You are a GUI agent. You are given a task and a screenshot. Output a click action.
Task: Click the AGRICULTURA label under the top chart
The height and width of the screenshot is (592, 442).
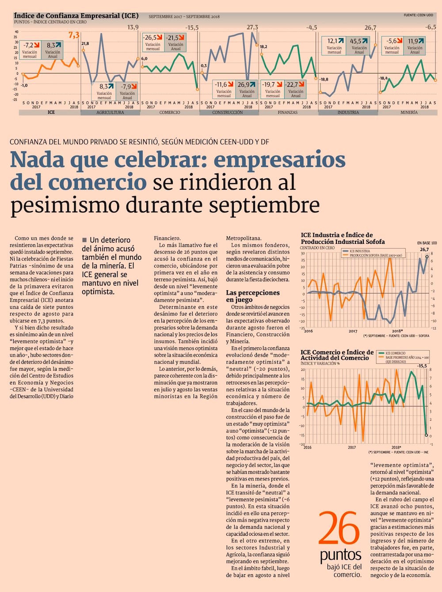coord(110,112)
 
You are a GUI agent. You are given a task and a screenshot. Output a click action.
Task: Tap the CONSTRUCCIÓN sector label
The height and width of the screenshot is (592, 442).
coord(228,112)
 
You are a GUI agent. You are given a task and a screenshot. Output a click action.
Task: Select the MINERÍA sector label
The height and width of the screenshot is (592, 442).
coord(409,112)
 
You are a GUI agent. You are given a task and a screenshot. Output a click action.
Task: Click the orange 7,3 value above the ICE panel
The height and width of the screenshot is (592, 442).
coord(74,35)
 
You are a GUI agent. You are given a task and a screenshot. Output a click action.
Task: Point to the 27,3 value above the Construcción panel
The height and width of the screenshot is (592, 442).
coord(252,27)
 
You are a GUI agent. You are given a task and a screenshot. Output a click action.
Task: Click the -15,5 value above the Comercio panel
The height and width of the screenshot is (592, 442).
coord(192,27)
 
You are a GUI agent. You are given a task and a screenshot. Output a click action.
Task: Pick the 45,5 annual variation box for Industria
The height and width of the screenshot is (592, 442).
coord(358,46)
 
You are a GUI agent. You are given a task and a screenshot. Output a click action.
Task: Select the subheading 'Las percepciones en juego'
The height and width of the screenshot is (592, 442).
coord(253,296)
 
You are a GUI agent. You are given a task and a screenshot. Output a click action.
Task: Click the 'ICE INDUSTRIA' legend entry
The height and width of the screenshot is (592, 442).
coord(359,251)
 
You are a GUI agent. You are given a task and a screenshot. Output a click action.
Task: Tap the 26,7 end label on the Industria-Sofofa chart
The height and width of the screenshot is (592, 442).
coord(424,250)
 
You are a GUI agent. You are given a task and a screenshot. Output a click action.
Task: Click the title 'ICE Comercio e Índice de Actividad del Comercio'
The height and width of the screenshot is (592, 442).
coord(337,355)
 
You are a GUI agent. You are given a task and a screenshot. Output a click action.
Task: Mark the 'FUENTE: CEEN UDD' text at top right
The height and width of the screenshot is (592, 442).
coord(418,15)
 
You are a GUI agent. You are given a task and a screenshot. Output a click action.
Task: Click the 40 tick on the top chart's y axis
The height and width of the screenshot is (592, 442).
coord(17,32)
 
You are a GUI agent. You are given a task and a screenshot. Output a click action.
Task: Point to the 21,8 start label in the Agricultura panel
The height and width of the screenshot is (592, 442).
coord(85,43)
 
